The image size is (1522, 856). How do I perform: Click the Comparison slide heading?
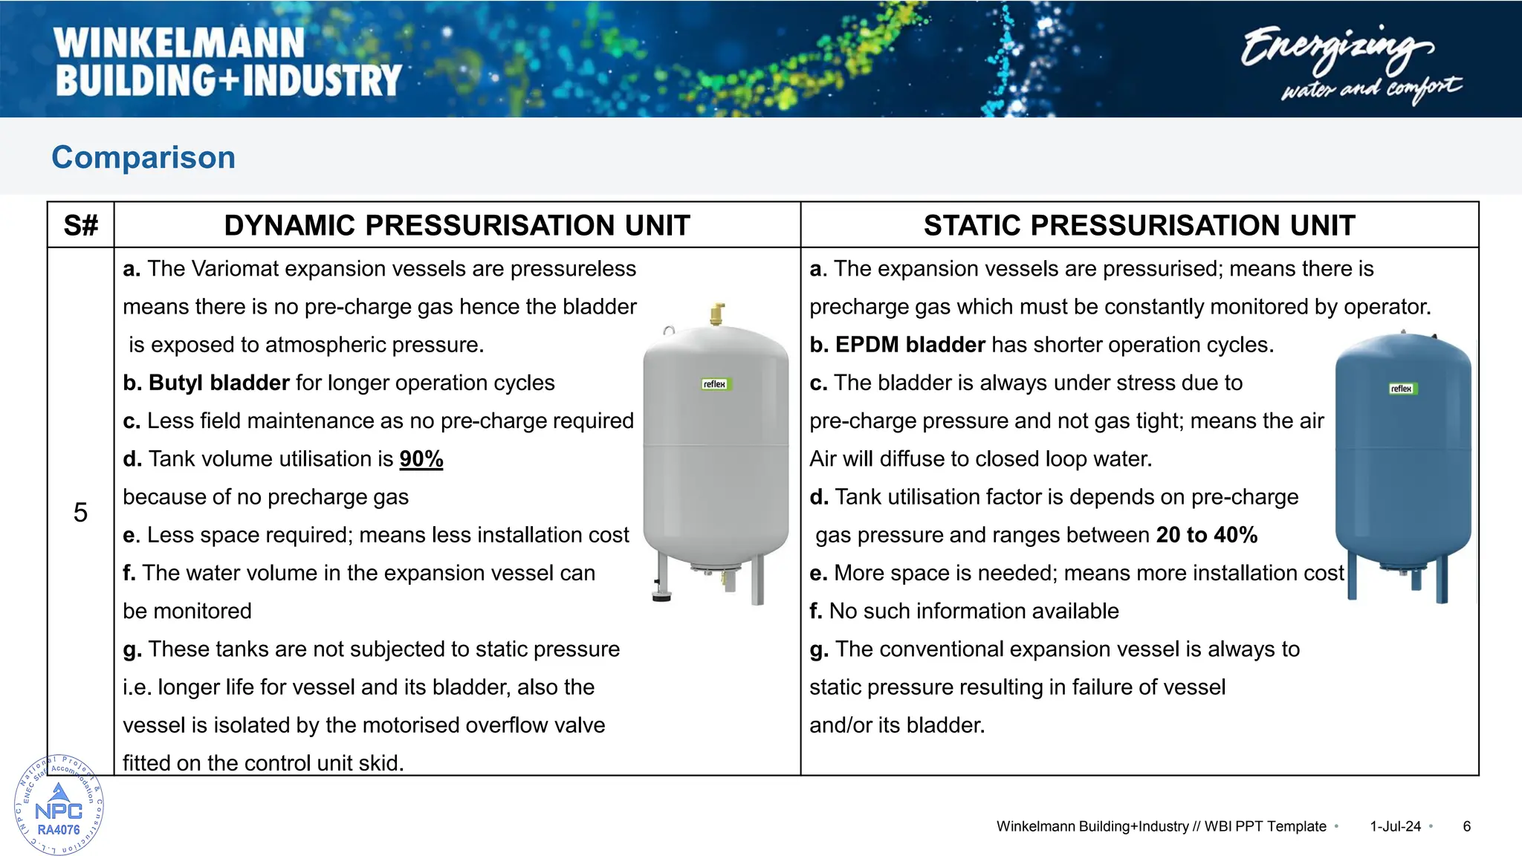click(143, 158)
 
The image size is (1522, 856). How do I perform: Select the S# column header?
click(80, 225)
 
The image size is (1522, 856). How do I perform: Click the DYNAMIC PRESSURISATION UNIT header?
click(457, 225)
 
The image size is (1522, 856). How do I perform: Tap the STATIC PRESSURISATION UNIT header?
click(1139, 225)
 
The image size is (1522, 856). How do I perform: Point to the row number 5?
click(80, 512)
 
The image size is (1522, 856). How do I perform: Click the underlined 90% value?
click(421, 459)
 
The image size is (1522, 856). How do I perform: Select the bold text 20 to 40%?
click(1206, 535)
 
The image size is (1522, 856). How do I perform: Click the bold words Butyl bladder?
click(218, 383)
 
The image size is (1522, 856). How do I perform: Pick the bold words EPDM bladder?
click(910, 345)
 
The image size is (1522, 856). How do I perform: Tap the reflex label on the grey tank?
click(715, 384)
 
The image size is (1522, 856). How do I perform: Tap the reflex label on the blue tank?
click(1401, 389)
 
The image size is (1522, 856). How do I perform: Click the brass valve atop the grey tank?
click(717, 314)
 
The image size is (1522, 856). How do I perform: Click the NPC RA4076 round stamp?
click(59, 805)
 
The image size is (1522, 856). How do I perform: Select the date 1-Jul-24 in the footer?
click(1395, 826)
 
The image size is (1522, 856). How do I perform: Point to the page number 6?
click(1466, 826)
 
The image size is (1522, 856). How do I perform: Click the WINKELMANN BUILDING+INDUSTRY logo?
click(227, 62)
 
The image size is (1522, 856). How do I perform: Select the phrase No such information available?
click(974, 611)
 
